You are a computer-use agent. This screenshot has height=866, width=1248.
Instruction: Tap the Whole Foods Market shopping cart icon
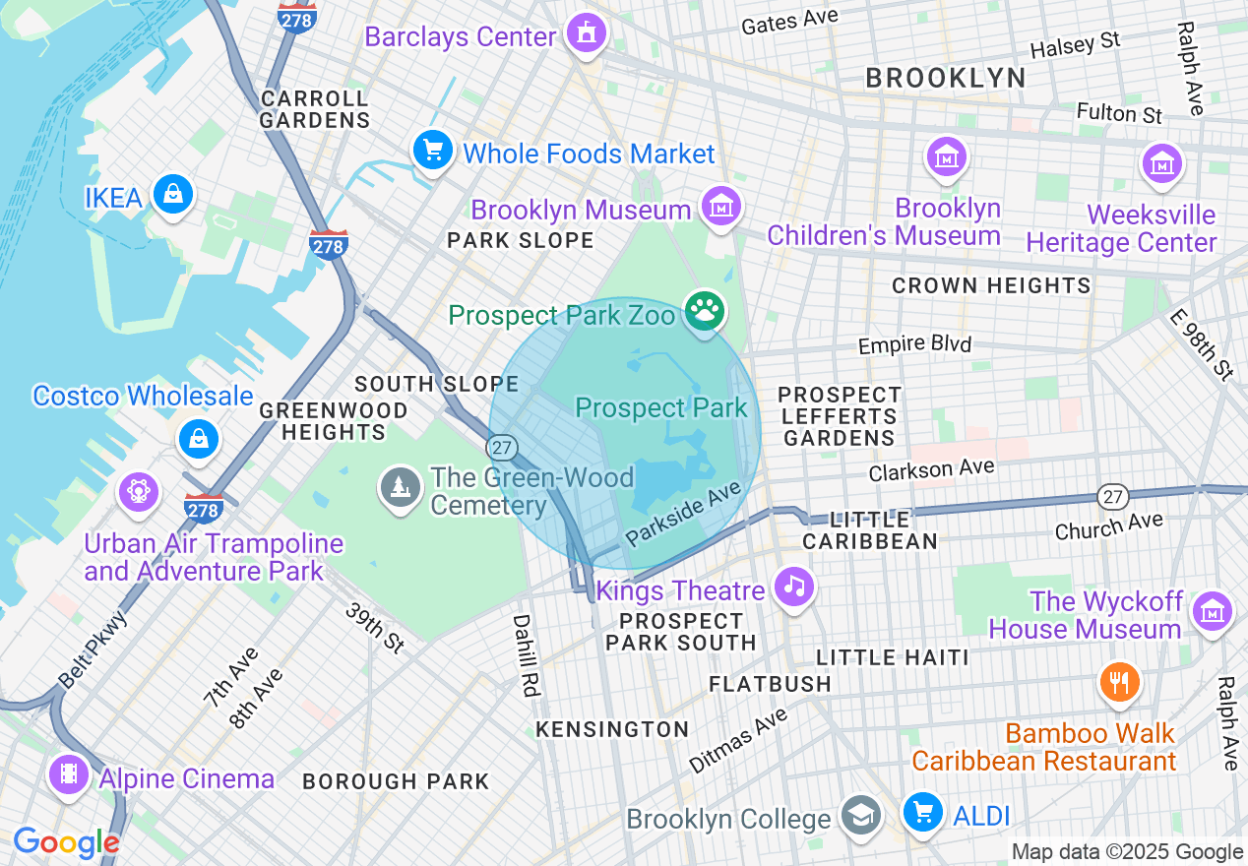432,152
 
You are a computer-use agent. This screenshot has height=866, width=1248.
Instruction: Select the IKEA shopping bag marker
173,195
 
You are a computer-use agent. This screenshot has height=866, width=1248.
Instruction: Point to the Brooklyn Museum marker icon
721,207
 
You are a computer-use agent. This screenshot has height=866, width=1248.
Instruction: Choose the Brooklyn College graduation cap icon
861,816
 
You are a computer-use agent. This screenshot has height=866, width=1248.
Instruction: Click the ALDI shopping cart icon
922,813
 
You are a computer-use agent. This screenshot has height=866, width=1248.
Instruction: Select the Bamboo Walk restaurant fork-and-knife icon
1119,681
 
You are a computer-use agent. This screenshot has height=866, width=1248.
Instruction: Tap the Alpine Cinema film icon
68,774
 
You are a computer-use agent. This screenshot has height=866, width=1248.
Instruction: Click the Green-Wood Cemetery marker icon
400,486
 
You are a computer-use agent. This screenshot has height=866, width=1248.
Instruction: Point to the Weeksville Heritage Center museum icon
1161,162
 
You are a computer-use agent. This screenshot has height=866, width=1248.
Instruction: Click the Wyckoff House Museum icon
1213,611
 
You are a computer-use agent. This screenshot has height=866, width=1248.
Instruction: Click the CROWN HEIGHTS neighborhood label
991,286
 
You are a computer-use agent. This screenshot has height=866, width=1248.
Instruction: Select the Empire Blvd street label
914,344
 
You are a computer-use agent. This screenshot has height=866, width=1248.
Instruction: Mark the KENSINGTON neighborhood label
612,729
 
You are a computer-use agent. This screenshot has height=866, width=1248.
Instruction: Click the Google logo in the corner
66,842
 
